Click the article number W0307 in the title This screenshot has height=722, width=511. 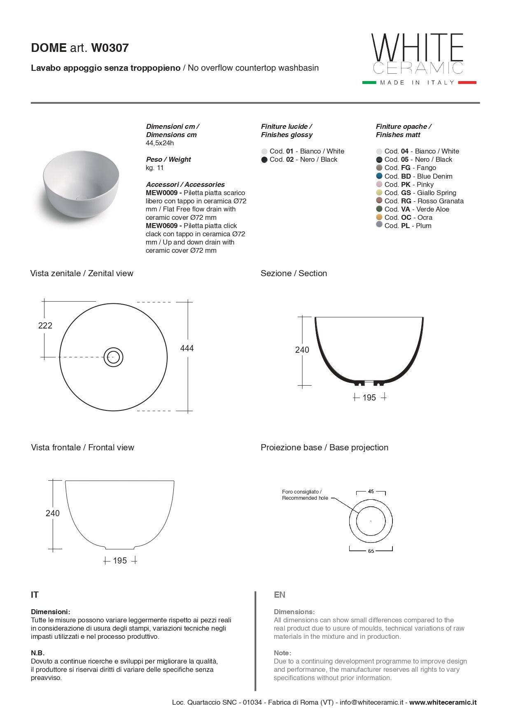click(110, 48)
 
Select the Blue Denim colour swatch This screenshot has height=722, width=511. click(379, 176)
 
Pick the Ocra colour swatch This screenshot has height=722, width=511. click(379, 217)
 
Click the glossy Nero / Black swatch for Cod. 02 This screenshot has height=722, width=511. click(264, 160)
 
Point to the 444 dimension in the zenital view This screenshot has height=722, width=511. click(187, 348)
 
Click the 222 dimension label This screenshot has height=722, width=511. click(45, 326)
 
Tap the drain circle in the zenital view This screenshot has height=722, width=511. click(114, 357)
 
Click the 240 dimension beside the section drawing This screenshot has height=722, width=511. click(302, 350)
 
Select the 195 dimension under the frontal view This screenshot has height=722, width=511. click(120, 561)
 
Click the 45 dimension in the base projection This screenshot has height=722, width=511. click(371, 491)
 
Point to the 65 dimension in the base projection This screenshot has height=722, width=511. click(371, 551)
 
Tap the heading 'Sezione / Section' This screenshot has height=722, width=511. click(294, 273)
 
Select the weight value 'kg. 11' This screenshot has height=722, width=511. click(155, 168)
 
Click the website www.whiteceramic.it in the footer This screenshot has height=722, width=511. click(443, 703)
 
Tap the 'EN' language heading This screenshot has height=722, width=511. click(279, 595)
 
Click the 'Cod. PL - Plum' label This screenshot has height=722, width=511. click(408, 226)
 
